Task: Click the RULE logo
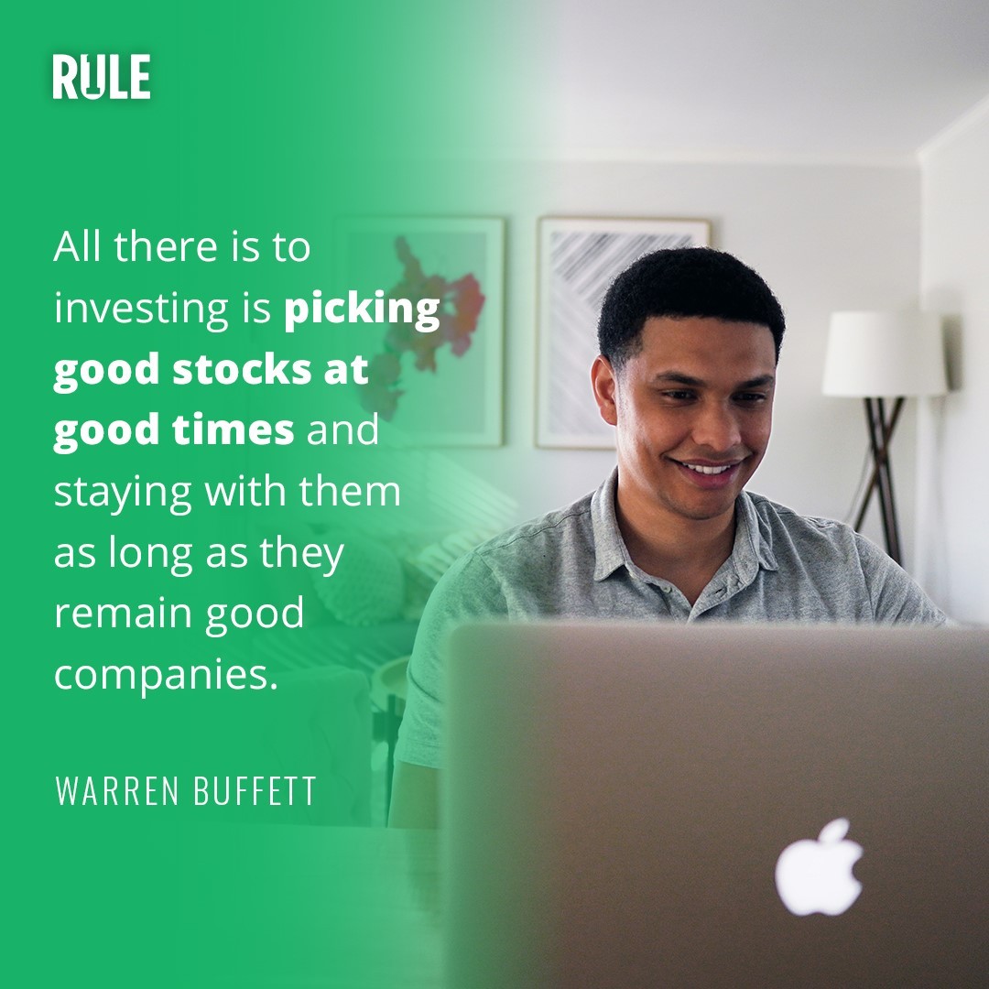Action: click(102, 76)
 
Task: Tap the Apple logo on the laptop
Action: click(820, 866)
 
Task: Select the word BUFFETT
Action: click(255, 790)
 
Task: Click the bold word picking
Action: click(362, 310)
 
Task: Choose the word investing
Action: click(141, 310)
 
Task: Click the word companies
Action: click(166, 676)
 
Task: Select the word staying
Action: click(123, 493)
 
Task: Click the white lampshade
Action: click(885, 353)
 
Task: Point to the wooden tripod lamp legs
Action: click(879, 479)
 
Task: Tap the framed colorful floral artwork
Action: click(419, 331)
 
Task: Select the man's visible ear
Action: click(603, 392)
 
